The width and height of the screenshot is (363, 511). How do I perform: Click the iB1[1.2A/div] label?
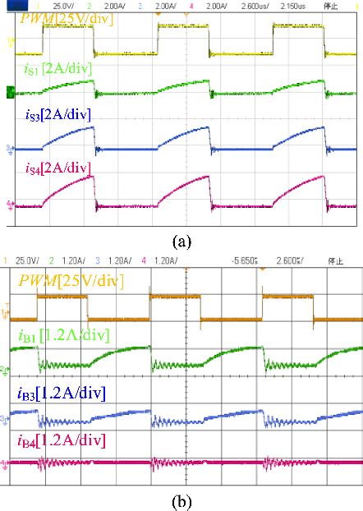pyautogui.click(x=67, y=334)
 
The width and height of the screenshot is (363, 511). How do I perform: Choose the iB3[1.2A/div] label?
pyautogui.click(x=65, y=393)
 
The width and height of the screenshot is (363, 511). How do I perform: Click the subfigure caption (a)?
pyautogui.click(x=181, y=243)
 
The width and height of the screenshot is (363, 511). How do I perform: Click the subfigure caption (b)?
pyautogui.click(x=181, y=499)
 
